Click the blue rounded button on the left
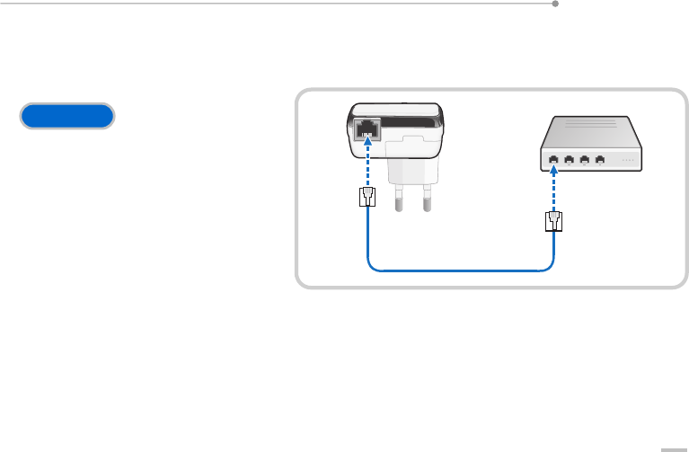tap(67, 116)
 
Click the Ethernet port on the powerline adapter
tap(367, 130)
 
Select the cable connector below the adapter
tap(367, 199)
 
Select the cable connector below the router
tap(554, 221)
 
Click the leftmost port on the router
tap(553, 160)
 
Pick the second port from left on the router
tap(569, 160)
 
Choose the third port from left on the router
tap(585, 160)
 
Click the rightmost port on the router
tap(600, 160)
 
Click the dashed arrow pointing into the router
tap(554, 186)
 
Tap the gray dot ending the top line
tap(555, 4)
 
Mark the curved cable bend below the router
tap(549, 264)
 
